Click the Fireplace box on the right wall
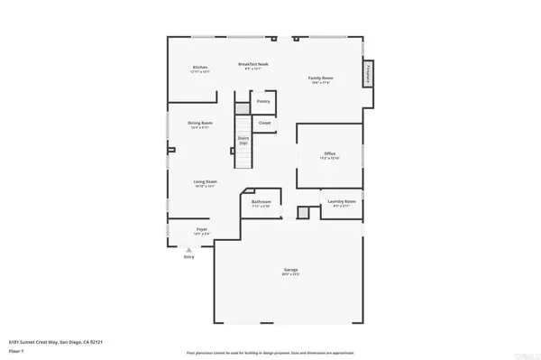pos(368,73)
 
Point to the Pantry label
pos(263,101)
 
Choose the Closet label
pos(264,122)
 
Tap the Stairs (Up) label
pos(243,141)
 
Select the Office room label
pos(330,155)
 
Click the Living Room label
pos(206,183)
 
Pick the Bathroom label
pos(261,202)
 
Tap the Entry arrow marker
pos(188,248)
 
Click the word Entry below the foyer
pos(188,257)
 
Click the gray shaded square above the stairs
pos(242,108)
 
